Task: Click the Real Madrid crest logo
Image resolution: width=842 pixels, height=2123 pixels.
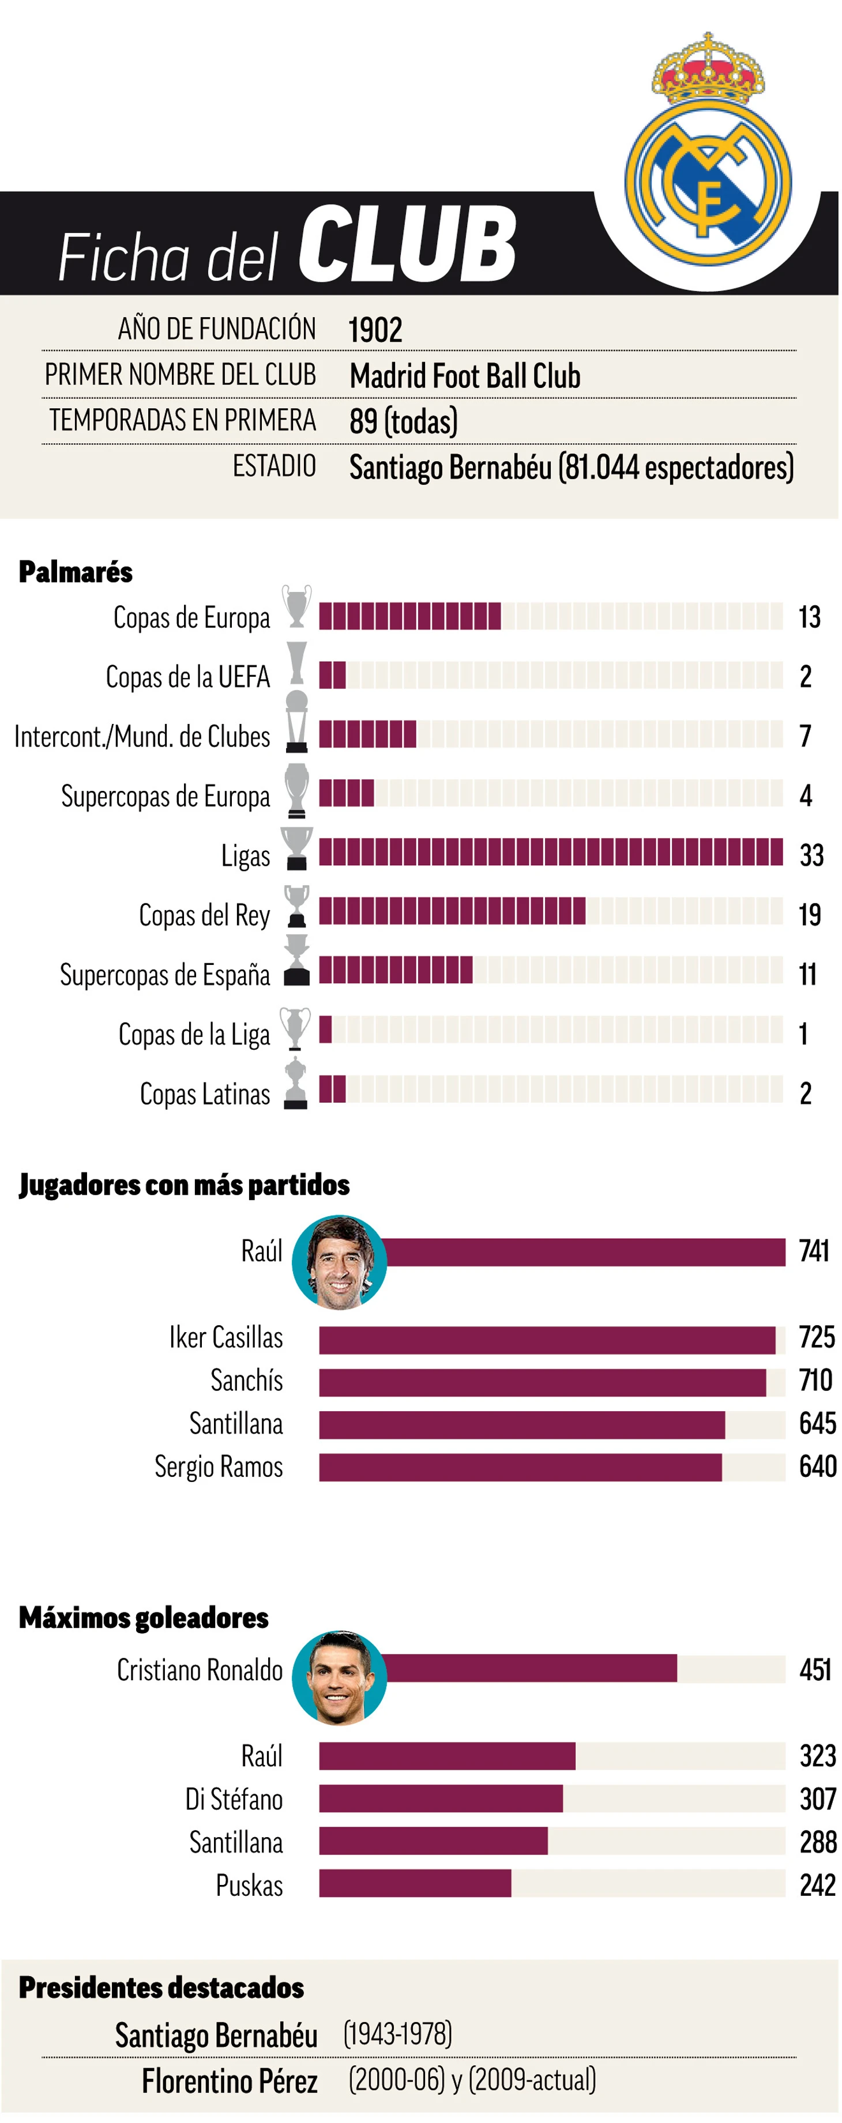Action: tap(708, 165)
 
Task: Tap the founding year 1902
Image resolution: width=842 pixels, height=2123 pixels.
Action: tap(375, 330)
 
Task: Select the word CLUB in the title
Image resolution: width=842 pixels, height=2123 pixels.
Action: tap(407, 245)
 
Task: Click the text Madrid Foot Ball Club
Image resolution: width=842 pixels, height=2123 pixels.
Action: tap(464, 376)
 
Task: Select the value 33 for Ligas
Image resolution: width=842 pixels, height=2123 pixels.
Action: tap(811, 855)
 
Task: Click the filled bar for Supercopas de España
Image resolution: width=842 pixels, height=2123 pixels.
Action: tap(396, 970)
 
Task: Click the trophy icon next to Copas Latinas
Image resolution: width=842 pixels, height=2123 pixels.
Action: tap(295, 1084)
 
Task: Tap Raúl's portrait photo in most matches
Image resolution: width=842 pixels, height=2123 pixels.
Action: tap(339, 1262)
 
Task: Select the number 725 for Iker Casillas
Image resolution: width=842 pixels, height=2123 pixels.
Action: tap(817, 1337)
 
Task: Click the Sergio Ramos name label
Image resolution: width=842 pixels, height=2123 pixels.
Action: tap(219, 1466)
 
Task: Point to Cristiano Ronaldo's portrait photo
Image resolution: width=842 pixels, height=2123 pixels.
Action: tap(339, 1677)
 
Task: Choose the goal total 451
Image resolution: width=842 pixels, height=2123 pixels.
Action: tap(815, 1670)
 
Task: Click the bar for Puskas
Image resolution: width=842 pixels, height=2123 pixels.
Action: tap(415, 1883)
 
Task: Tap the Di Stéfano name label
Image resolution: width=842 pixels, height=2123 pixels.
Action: tap(234, 1799)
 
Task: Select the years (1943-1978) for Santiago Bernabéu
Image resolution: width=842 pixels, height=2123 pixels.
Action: tap(397, 2033)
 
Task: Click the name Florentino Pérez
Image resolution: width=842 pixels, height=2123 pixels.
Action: tap(230, 2081)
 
